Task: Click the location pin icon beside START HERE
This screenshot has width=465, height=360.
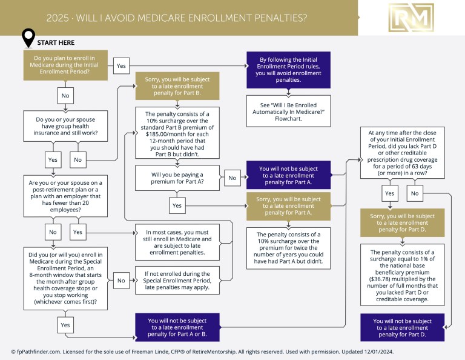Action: coord(28,38)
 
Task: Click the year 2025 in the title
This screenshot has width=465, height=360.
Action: coord(58,18)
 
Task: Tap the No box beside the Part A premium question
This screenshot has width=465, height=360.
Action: coord(231,178)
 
